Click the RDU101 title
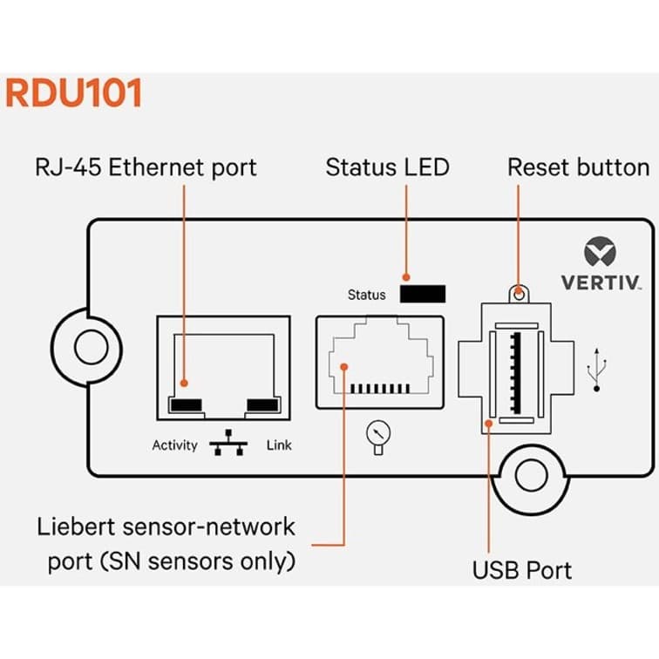[73, 93]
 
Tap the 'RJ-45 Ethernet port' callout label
[146, 166]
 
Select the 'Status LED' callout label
[387, 166]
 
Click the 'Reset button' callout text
[578, 166]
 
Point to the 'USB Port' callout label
[522, 571]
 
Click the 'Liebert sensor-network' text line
[166, 527]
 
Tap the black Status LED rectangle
[423, 294]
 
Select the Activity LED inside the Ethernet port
[187, 404]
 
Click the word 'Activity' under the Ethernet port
[175, 445]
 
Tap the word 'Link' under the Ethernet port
[279, 445]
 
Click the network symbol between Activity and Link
[228, 445]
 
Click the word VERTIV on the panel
[601, 283]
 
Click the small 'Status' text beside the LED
[366, 295]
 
